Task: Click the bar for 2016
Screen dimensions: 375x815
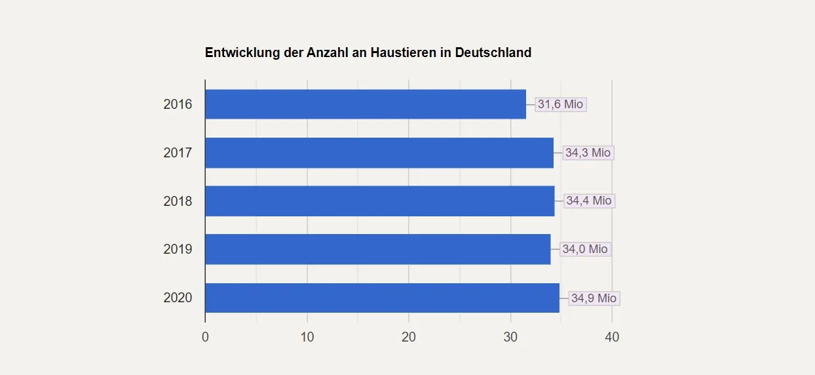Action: tap(366, 104)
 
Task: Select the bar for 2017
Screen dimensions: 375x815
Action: tap(379, 153)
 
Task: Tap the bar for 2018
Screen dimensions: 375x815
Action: tap(380, 201)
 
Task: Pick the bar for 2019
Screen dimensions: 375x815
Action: tap(378, 249)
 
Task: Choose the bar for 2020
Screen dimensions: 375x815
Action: tap(383, 298)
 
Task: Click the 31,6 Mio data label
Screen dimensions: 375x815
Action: tap(560, 104)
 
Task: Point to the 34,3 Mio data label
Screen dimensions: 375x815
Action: tap(588, 153)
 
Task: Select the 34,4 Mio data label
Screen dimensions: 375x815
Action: tap(588, 201)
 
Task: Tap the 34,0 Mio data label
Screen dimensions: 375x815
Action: tap(584, 249)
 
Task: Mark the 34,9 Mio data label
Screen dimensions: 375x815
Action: tap(593, 298)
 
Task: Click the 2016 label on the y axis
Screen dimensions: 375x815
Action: tap(178, 104)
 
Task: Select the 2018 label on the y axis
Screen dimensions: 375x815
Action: tap(178, 201)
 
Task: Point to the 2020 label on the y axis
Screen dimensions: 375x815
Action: tap(178, 298)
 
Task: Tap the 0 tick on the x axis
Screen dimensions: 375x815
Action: tap(205, 337)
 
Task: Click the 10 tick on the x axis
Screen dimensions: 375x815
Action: tap(307, 337)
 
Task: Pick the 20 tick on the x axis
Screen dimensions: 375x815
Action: tap(409, 337)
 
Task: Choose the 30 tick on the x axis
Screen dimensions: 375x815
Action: tap(510, 337)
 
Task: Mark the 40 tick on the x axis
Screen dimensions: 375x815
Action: tap(612, 337)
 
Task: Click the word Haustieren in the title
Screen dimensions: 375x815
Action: tap(404, 52)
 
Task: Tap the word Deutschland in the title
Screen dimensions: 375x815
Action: tap(493, 52)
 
